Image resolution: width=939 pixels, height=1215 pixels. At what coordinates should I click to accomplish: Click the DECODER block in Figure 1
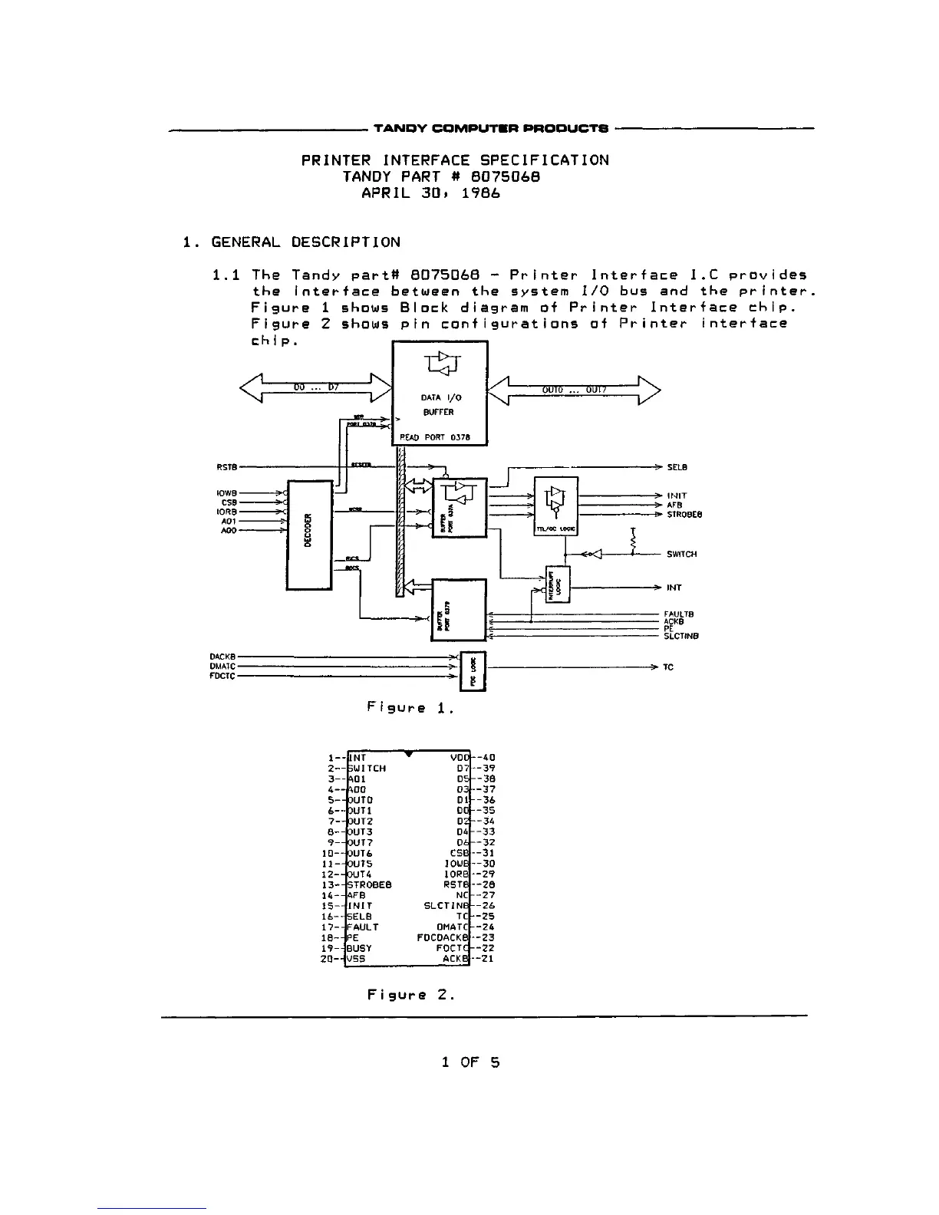[308, 534]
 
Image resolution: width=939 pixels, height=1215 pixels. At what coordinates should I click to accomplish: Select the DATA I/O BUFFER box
[440, 393]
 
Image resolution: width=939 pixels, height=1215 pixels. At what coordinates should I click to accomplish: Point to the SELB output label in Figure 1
[677, 467]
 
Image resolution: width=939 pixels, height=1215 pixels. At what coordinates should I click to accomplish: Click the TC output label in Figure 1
[668, 667]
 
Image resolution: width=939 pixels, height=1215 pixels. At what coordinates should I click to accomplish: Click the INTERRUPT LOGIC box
[558, 585]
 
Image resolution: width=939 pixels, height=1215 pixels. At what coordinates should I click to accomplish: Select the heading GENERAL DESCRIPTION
[305, 242]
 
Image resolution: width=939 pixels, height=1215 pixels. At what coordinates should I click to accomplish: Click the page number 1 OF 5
[470, 1062]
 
